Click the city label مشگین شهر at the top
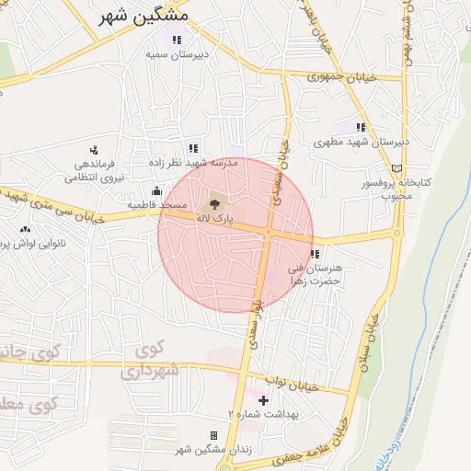point(142,16)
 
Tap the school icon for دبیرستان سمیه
point(177,39)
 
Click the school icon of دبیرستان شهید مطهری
point(361,127)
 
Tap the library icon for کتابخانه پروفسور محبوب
point(397,168)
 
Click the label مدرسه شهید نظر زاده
point(193,162)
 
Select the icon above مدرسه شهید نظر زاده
point(193,147)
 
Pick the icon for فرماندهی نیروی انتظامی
point(93,150)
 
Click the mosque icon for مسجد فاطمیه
point(156,190)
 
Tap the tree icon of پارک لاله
point(215,201)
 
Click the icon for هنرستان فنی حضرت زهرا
point(315,253)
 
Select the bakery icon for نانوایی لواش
point(25,229)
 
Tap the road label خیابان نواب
point(292,385)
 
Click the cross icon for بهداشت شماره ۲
point(264,400)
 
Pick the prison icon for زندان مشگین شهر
point(214,435)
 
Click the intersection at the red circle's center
point(268,235)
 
